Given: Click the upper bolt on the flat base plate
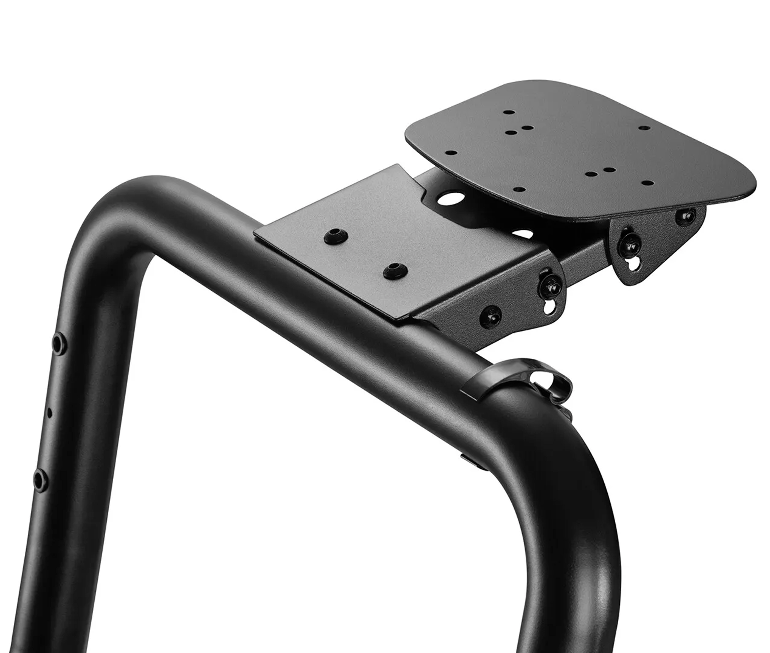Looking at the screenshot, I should click(x=336, y=236).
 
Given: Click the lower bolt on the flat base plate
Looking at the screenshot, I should click(x=395, y=271).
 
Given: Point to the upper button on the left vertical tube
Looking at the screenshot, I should click(x=59, y=343).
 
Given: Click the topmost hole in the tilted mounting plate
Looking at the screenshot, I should click(x=510, y=112).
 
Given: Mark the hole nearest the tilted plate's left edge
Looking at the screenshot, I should click(x=451, y=153).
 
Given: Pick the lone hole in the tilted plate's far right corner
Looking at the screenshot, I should click(x=644, y=128).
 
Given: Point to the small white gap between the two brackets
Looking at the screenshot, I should click(x=523, y=234).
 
